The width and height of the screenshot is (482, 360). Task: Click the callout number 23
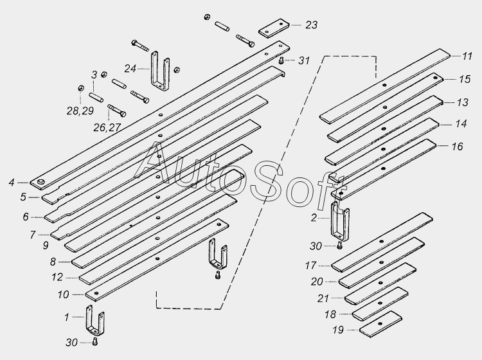click(311, 25)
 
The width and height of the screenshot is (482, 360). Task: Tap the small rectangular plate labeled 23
click(274, 28)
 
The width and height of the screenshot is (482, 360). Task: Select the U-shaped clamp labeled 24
click(160, 71)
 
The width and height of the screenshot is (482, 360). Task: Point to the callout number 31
click(304, 60)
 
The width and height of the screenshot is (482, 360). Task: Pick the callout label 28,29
click(80, 111)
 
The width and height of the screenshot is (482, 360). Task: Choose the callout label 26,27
click(107, 127)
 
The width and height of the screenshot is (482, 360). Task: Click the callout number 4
click(12, 183)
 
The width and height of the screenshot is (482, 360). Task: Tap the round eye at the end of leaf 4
click(40, 183)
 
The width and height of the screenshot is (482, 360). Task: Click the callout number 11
click(467, 57)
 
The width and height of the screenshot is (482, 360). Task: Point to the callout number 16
click(457, 147)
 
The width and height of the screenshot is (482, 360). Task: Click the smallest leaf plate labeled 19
click(380, 325)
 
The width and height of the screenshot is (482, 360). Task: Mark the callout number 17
click(311, 265)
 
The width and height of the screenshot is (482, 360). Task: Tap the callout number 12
click(57, 277)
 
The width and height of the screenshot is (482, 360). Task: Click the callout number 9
click(46, 246)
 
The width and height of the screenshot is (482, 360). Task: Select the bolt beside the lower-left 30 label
click(95, 341)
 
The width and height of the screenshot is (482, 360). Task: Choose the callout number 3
click(94, 75)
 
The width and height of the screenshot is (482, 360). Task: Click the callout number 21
click(323, 298)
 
